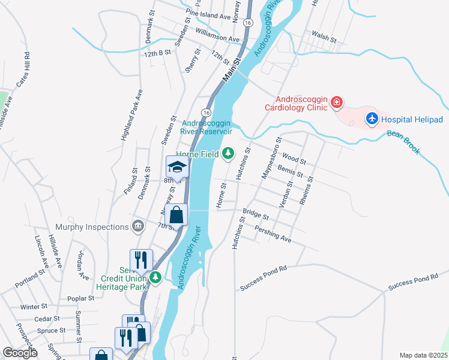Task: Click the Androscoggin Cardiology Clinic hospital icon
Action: (337, 103)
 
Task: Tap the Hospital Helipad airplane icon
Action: (372, 119)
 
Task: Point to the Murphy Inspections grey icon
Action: (139, 226)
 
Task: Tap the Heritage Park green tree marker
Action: (156, 277)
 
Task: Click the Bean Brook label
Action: (403, 142)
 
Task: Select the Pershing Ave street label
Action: (273, 235)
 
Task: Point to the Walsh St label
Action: (324, 37)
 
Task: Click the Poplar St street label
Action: (82, 298)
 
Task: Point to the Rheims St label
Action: (306, 191)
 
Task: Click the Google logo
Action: (20, 353)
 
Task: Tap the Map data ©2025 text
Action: (423, 355)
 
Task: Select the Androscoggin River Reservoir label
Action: (207, 128)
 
